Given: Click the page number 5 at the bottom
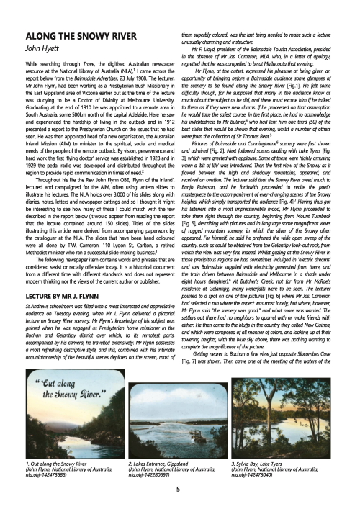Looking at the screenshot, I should [x=179, y=489].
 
